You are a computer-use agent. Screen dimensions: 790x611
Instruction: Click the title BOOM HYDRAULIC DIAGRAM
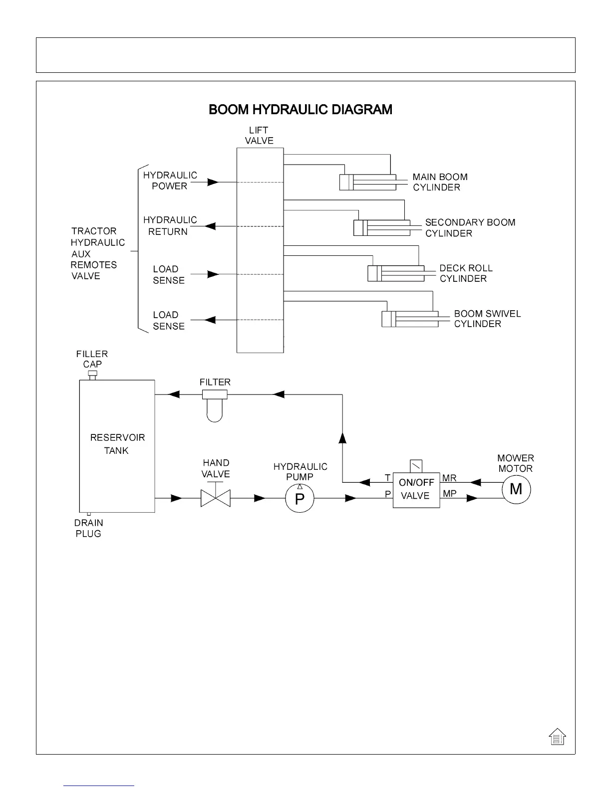pos(300,110)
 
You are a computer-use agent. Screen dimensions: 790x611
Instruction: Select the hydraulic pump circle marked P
pos(300,498)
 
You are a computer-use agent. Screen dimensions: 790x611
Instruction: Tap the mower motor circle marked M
pos(516,490)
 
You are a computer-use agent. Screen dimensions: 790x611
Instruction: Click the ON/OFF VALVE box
pos(416,490)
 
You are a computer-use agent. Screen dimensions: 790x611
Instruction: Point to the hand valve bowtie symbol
pos(215,498)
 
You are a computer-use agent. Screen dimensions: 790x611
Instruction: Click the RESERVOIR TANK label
pos(117,444)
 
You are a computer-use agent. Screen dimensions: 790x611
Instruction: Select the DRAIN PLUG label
pos(88,528)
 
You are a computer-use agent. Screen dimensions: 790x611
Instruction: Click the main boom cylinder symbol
pos(367,182)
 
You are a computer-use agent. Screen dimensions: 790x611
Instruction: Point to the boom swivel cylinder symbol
pos(410,319)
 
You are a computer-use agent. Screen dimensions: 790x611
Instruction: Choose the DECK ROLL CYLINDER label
pos(465,273)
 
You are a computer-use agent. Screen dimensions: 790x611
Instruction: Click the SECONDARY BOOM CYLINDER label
pos(470,228)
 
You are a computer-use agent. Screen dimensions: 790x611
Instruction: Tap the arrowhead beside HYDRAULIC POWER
pos(213,182)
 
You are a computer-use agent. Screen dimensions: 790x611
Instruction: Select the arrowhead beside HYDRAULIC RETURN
pos(211,226)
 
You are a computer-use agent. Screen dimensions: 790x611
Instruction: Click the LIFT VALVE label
pos(259,136)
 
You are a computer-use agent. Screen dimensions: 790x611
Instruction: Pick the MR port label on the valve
pos(449,478)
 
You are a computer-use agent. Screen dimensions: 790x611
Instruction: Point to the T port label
pos(387,478)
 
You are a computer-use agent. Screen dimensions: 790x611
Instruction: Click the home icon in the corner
pos(557,736)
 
